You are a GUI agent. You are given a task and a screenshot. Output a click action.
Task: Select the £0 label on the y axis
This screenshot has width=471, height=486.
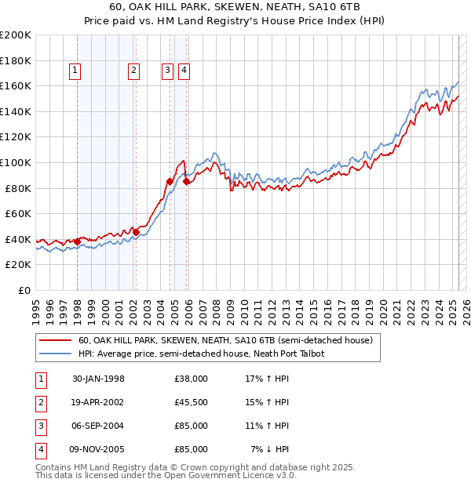point(24,290)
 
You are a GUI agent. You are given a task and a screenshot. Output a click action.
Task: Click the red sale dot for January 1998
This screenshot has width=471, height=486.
point(78,241)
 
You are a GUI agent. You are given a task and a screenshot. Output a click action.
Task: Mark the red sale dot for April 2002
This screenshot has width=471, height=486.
point(136,232)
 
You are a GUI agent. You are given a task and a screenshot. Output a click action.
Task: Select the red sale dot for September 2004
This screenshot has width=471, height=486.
point(170,182)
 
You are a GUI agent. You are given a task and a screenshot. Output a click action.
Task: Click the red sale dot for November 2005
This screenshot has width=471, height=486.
point(186,182)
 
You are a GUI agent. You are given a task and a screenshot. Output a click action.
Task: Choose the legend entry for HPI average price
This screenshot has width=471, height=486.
point(201,354)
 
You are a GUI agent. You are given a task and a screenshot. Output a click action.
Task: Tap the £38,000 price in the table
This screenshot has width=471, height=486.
point(191,379)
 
